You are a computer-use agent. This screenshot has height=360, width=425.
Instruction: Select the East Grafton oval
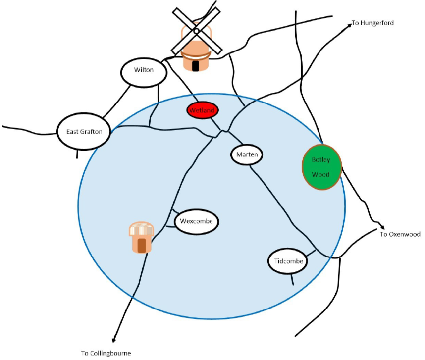pyautogui.click(x=84, y=132)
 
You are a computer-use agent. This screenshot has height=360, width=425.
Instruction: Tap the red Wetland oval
pyautogui.click(x=203, y=110)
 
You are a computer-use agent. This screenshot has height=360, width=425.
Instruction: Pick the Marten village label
pyautogui.click(x=246, y=155)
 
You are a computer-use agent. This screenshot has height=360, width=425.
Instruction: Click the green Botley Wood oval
pyautogui.click(x=322, y=167)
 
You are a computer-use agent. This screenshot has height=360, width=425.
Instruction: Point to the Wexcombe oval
pyautogui.click(x=196, y=221)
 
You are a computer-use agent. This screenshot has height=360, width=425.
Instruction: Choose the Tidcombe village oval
pyautogui.click(x=288, y=261)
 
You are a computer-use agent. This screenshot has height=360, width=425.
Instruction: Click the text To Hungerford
pyautogui.click(x=372, y=23)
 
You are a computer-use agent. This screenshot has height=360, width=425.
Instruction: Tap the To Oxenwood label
pyautogui.click(x=397, y=234)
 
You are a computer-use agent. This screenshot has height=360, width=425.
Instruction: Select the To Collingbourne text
pyautogui.click(x=106, y=353)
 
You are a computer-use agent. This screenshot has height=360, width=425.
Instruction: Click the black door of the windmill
pyautogui.click(x=196, y=66)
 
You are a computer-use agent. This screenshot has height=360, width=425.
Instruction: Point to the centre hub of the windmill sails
pyautogui.click(x=196, y=31)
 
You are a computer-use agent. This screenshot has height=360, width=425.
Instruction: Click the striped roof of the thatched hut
pyautogui.click(x=142, y=229)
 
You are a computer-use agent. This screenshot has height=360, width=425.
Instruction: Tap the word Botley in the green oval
pyautogui.click(x=320, y=160)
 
